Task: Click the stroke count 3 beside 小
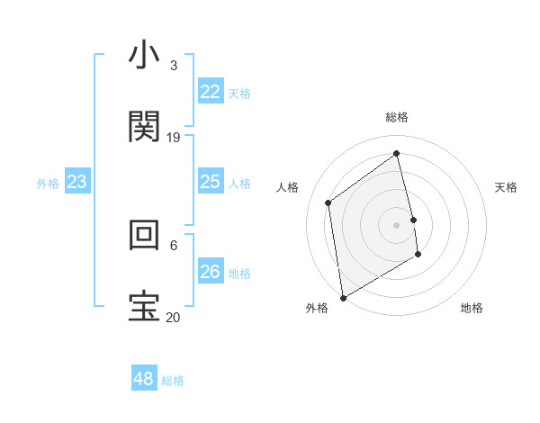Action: pos(174,66)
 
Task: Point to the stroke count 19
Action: pos(174,138)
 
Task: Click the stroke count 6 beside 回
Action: pos(174,245)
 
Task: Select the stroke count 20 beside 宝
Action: pos(174,317)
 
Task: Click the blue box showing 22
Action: pos(210,92)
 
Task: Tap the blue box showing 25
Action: pos(210,183)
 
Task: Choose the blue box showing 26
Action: pos(210,272)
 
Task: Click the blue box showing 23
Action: pos(77,183)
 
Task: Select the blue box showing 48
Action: pos(143,379)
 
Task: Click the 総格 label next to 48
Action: pos(173,381)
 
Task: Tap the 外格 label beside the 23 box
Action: pos(48,184)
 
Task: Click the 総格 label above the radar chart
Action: pos(397,118)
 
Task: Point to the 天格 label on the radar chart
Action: pos(507,187)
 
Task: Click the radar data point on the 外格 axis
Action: pos(343,297)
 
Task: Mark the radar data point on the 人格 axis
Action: pos(328,202)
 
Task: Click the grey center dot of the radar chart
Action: pos(397,224)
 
